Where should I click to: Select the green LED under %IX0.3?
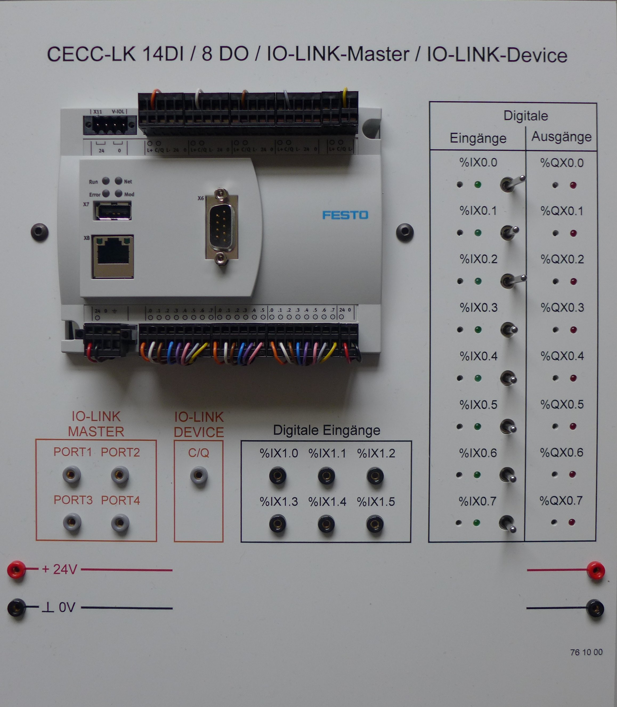click(478, 330)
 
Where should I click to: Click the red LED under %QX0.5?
click(573, 426)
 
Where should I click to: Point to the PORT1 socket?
click(72, 475)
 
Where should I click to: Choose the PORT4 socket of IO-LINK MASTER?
click(120, 523)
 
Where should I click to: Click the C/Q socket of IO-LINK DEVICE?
click(199, 476)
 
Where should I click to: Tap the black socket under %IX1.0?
click(278, 476)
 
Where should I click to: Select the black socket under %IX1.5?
click(375, 524)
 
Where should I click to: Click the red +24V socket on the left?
click(16, 569)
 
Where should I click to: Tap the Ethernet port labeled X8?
click(113, 257)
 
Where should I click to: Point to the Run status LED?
click(106, 181)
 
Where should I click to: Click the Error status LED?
click(106, 193)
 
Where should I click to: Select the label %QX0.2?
click(562, 259)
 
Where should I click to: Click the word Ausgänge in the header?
click(561, 137)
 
